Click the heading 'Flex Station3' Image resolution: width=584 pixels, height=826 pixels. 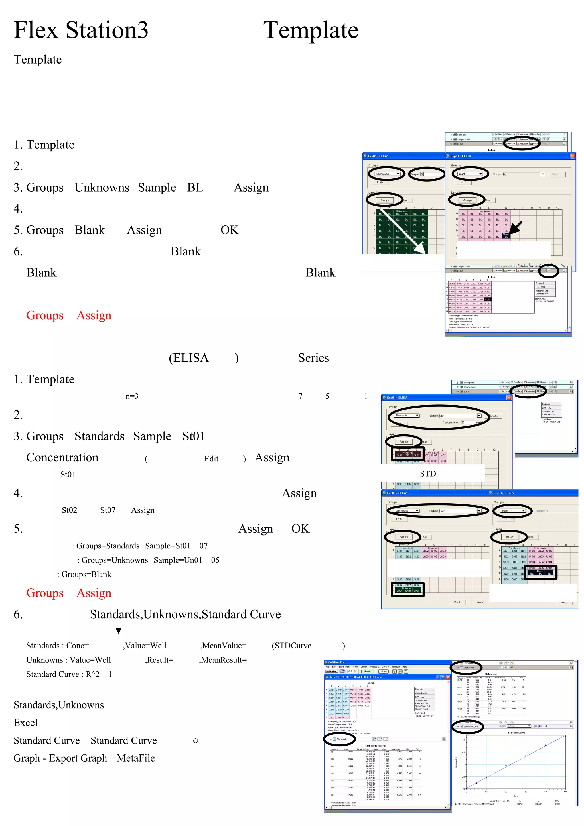(x=81, y=30)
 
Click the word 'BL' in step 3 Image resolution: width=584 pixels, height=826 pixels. (x=195, y=188)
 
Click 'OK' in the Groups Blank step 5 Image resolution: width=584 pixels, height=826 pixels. (x=229, y=230)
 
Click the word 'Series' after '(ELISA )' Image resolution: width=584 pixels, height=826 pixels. (x=313, y=358)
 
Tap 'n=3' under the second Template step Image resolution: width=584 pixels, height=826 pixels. (x=132, y=396)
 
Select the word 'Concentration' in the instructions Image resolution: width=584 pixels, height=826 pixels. (x=62, y=458)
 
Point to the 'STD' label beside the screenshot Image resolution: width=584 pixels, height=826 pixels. (x=427, y=474)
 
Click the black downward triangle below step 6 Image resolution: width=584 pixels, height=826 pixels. (x=118, y=631)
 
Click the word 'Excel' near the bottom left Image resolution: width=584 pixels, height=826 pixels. (x=26, y=723)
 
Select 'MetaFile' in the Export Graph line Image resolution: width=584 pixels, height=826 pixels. (x=136, y=758)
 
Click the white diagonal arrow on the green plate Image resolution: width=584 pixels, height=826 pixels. (x=403, y=232)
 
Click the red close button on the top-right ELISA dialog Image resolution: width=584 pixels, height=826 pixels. (x=572, y=156)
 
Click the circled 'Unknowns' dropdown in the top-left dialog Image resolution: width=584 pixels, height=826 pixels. (x=387, y=174)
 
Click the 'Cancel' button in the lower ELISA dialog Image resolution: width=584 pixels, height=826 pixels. (x=480, y=602)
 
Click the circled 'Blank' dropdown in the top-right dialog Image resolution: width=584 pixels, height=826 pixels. (x=470, y=174)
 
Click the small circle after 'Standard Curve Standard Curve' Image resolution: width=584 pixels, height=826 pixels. (x=195, y=741)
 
